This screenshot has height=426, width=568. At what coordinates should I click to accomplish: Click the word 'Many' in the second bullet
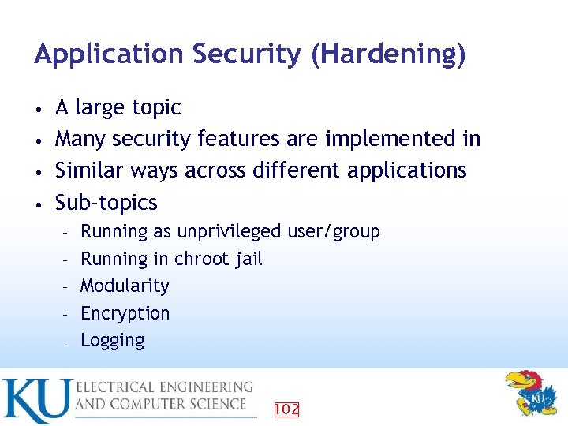(x=80, y=139)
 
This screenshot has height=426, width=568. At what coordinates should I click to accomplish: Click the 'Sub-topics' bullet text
(x=106, y=203)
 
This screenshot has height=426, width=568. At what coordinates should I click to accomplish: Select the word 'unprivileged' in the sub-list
(x=229, y=232)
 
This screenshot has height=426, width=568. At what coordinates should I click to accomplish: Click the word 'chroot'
(x=200, y=259)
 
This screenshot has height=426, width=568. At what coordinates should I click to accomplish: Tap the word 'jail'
(x=247, y=259)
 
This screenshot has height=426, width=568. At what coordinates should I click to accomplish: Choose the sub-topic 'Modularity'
(x=125, y=286)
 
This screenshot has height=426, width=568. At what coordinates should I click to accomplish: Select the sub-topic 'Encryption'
(x=125, y=313)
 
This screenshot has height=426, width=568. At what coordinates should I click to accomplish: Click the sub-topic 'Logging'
(x=113, y=341)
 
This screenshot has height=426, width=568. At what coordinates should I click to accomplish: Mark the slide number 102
(x=286, y=409)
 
